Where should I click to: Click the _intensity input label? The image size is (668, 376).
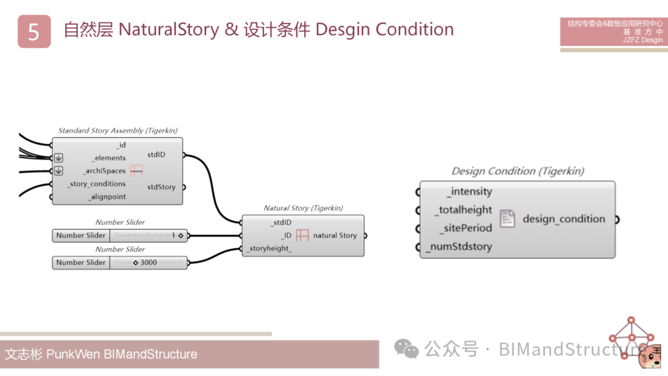click(469, 192)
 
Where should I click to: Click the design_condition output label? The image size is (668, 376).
click(563, 219)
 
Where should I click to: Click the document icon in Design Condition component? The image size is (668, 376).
click(507, 219)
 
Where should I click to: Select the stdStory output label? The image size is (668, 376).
click(161, 187)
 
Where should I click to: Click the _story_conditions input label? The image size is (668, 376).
click(96, 184)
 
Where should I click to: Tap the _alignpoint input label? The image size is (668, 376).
click(106, 197)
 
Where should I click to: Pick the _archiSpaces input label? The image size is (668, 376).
click(104, 171)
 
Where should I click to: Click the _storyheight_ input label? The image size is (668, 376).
click(269, 249)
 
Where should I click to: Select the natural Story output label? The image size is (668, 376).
click(335, 236)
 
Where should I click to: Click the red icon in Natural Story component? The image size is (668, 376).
click(302, 236)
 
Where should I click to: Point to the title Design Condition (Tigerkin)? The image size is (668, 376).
click(518, 171)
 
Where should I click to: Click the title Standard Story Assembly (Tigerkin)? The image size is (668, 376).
click(118, 130)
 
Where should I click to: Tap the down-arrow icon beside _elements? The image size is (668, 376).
click(58, 158)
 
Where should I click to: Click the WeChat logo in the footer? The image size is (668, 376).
click(406, 349)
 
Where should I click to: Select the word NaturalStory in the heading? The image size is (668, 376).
click(168, 29)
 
